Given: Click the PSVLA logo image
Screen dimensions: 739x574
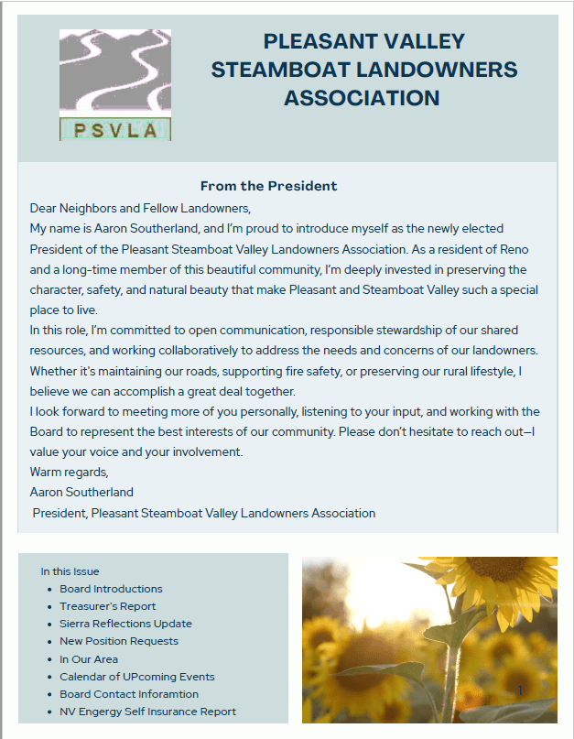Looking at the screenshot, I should [x=115, y=85].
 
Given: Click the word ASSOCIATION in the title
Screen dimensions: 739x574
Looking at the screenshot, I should [x=362, y=98].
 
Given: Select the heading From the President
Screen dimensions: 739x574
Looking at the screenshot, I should [x=268, y=186].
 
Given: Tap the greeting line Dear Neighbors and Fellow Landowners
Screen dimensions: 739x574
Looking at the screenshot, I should [x=139, y=208].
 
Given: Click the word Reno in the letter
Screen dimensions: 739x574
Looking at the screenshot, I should [x=513, y=249].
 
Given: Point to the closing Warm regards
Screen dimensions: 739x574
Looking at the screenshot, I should [x=69, y=473].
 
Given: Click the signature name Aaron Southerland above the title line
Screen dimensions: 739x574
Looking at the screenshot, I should [x=81, y=493].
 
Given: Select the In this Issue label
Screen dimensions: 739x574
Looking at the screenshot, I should [x=70, y=571].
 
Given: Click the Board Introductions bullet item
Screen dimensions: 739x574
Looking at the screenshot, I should [x=111, y=589].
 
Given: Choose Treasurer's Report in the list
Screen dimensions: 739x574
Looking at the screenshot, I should [x=108, y=606].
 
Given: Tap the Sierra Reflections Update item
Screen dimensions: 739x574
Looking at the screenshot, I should [x=125, y=624].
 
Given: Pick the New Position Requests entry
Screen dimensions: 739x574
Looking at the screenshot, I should [x=119, y=641].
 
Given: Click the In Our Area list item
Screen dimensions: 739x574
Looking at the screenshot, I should [x=89, y=659].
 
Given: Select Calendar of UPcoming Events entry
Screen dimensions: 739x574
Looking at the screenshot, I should [x=137, y=677].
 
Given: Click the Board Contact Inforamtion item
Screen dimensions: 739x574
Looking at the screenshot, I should [x=129, y=694].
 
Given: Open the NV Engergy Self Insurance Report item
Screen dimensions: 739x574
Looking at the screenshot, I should [x=147, y=712].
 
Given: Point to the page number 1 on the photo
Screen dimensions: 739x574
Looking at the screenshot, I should [x=520, y=690].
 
